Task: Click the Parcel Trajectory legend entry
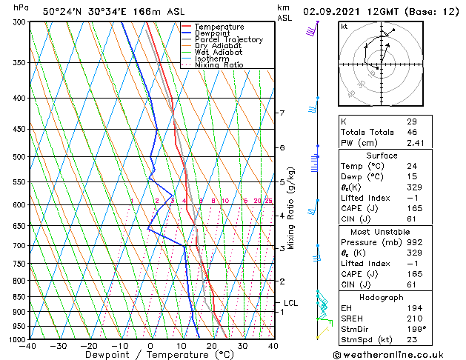(228, 40)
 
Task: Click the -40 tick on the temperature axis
(28, 346)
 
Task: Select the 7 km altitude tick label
(282, 113)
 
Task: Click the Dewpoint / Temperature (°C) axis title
(150, 355)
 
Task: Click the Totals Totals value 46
(412, 132)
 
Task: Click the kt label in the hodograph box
(344, 26)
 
